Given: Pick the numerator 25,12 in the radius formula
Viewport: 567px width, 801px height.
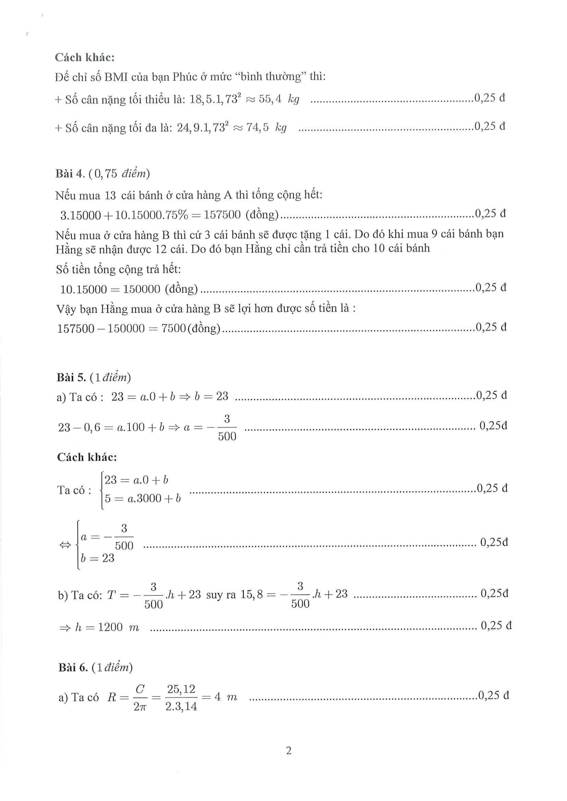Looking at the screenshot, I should point(181,689).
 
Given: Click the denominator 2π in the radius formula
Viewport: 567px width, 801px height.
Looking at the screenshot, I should point(140,707).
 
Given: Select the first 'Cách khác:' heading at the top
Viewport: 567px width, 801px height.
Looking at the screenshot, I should point(85,57).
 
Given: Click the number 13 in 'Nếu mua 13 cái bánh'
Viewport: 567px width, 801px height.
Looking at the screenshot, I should point(110,195).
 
